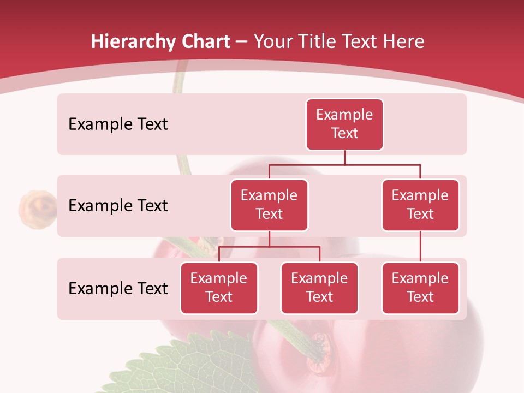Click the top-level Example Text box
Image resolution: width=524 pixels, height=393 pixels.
pyautogui.click(x=344, y=124)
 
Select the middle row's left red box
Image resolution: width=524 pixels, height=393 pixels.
pyautogui.click(x=269, y=205)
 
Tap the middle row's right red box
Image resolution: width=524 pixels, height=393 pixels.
pyautogui.click(x=420, y=205)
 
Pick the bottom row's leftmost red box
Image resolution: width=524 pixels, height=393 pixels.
pyautogui.click(x=219, y=288)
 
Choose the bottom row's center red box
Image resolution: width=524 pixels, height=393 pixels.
pyautogui.click(x=319, y=288)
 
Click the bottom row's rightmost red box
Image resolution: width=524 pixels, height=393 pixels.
pyautogui.click(x=420, y=288)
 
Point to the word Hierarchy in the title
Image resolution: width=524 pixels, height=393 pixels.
pyautogui.click(x=133, y=41)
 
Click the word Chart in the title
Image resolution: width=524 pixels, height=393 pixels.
pyautogui.click(x=205, y=41)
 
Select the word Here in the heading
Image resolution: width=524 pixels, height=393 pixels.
pyautogui.click(x=404, y=41)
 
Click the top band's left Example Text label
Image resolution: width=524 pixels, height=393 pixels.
pyautogui.click(x=118, y=124)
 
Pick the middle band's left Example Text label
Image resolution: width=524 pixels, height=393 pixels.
pyautogui.click(x=118, y=205)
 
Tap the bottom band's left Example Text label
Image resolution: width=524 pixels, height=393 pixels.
pyautogui.click(x=118, y=288)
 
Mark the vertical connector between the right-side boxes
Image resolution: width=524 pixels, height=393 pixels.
pyautogui.click(x=420, y=247)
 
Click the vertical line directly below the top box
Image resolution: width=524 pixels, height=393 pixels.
pyautogui.click(x=344, y=157)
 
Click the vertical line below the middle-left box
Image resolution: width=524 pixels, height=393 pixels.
pyautogui.click(x=269, y=239)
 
